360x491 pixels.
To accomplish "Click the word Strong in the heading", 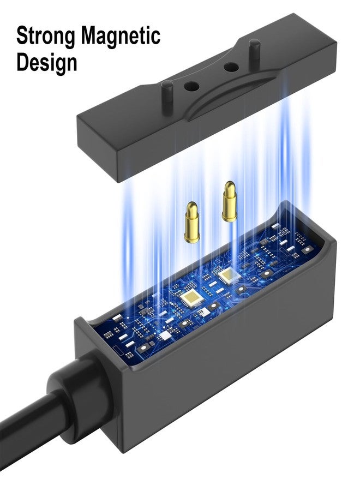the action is point(45,36).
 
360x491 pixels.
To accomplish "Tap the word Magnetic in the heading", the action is point(121,35).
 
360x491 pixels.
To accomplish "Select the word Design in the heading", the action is point(47,62).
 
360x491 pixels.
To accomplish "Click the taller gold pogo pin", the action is point(230,201).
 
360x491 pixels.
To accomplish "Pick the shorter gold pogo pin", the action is point(191,223).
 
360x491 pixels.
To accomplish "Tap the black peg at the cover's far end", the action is point(254,50).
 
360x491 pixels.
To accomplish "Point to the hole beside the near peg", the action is point(191,86).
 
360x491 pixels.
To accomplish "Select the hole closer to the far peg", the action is point(231,67).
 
